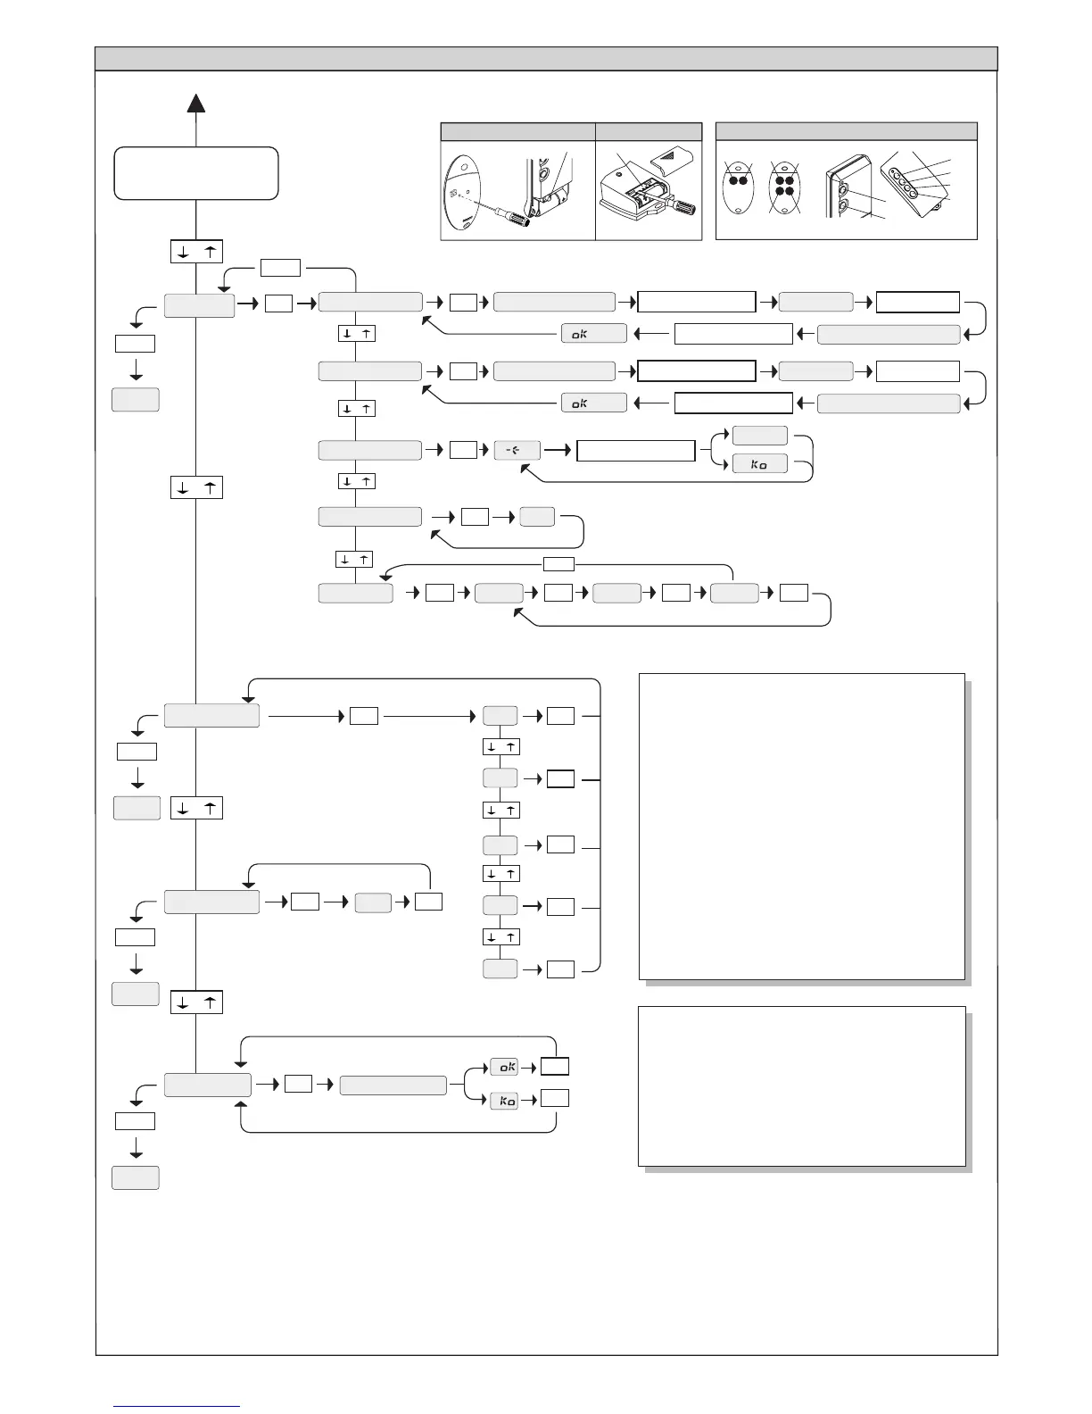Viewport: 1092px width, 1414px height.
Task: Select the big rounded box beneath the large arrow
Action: tap(196, 173)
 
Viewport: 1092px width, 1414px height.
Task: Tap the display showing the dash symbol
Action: tap(517, 450)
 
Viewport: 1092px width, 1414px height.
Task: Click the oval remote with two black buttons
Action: tap(738, 185)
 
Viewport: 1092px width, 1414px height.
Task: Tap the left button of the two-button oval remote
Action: tap(732, 180)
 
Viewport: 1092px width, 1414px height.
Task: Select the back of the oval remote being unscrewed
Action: tap(462, 196)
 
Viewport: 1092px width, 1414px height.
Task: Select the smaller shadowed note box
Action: tap(801, 1085)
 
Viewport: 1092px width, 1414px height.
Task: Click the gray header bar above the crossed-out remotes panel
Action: tap(846, 131)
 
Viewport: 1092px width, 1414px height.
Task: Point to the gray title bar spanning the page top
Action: tap(546, 59)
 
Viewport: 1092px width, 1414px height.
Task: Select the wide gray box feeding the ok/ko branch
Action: tap(393, 1085)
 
